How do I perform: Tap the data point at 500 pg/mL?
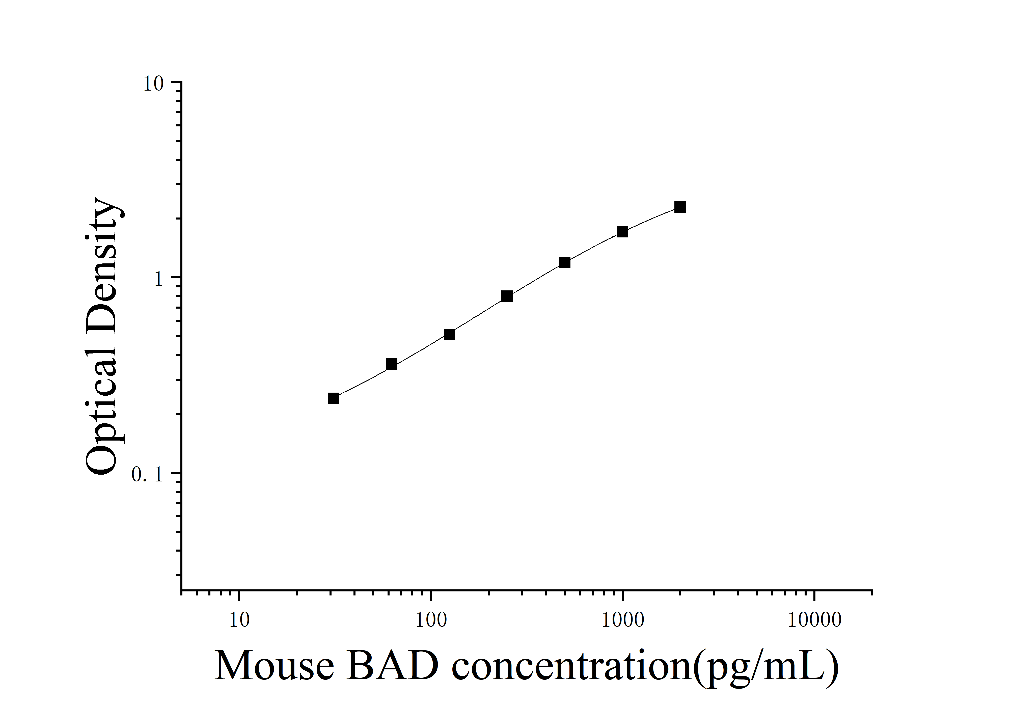click(564, 262)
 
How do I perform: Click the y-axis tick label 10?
click(153, 84)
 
